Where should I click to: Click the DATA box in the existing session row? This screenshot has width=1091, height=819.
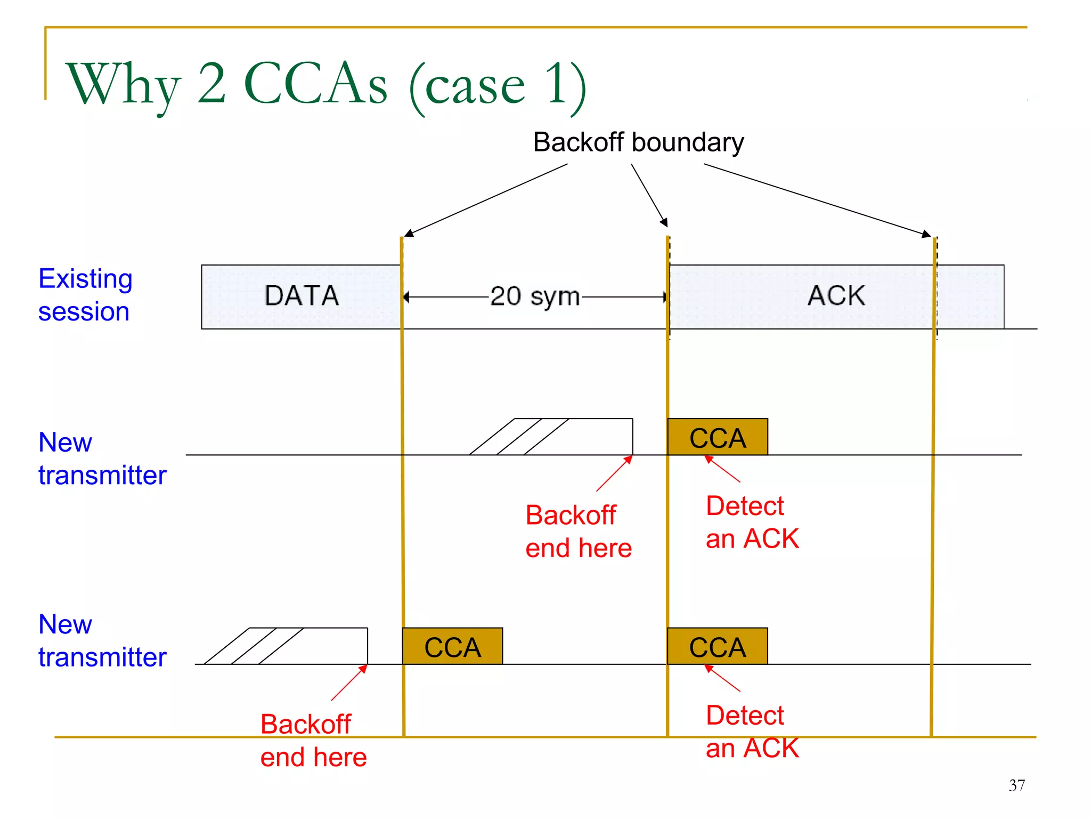(301, 296)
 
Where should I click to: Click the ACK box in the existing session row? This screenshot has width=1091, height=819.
(836, 296)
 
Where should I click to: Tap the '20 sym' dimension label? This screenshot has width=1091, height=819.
(535, 296)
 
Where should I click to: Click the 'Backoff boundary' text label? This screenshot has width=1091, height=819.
(638, 143)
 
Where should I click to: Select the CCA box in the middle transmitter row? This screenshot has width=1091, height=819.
(718, 437)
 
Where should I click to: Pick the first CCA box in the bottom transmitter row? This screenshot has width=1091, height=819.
(452, 646)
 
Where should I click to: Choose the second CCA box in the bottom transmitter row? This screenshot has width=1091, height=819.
(718, 646)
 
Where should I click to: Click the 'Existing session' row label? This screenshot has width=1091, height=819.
(85, 295)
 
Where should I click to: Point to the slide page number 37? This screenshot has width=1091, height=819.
(1016, 785)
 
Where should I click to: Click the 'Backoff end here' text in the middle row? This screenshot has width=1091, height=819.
(578, 532)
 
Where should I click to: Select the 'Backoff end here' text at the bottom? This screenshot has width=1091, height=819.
(313, 741)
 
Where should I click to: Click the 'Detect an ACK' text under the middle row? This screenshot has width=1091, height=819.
(752, 522)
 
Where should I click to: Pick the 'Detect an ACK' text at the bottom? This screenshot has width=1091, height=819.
(752, 732)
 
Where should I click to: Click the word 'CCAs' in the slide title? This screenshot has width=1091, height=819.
(315, 84)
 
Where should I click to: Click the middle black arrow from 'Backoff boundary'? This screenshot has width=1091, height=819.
(649, 195)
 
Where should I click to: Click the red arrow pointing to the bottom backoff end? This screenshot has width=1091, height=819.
(349, 682)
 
